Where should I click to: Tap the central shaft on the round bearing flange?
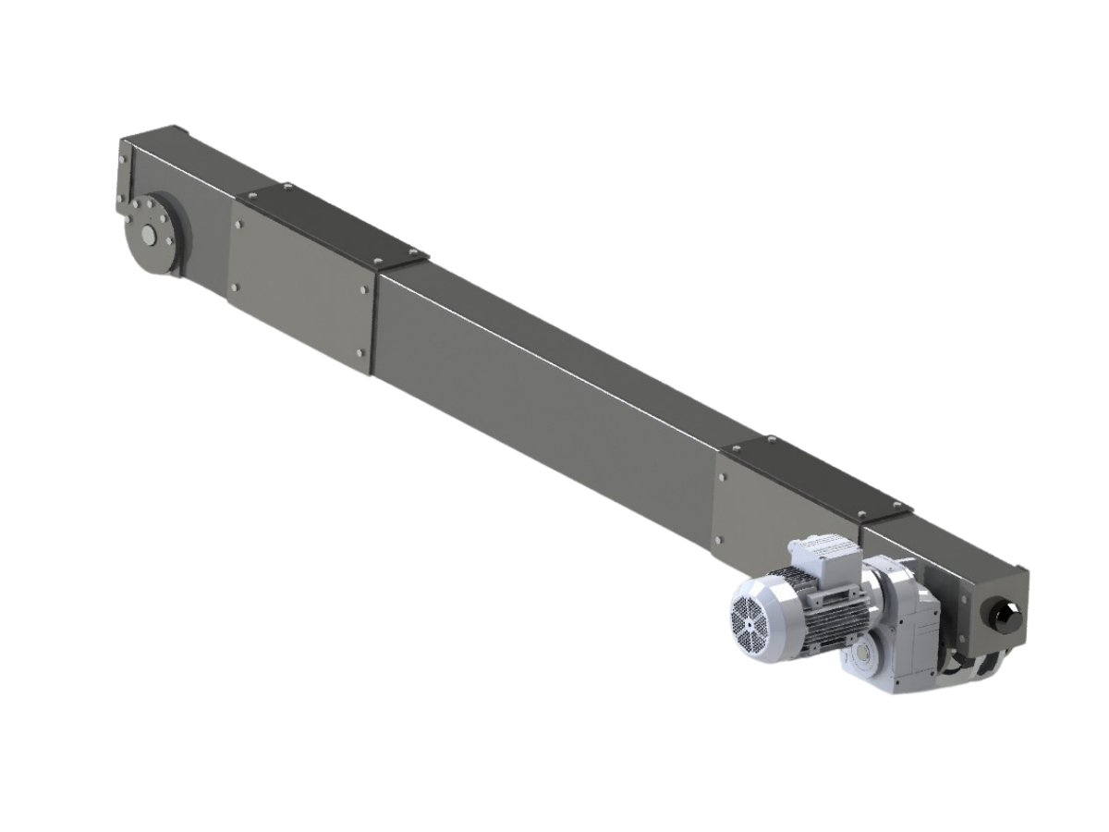(148, 235)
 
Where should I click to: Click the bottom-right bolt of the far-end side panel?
(360, 352)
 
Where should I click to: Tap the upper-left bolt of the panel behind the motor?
(725, 478)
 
